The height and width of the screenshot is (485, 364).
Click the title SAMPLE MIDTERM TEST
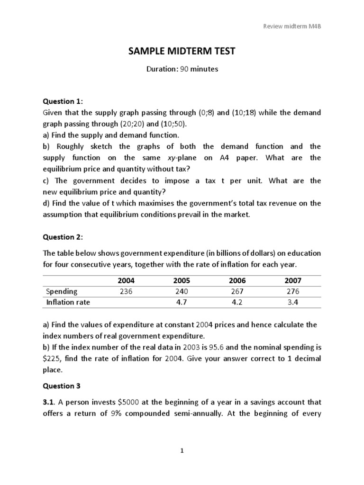(182, 51)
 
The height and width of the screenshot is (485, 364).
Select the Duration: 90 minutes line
(182, 69)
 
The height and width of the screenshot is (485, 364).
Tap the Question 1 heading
(63, 101)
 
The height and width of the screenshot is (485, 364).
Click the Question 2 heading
(63, 237)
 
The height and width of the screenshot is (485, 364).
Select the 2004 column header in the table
(126, 281)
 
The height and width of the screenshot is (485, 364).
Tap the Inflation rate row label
(68, 302)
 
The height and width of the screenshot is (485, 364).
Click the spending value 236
(126, 291)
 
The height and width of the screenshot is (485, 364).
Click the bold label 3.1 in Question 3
(49, 402)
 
